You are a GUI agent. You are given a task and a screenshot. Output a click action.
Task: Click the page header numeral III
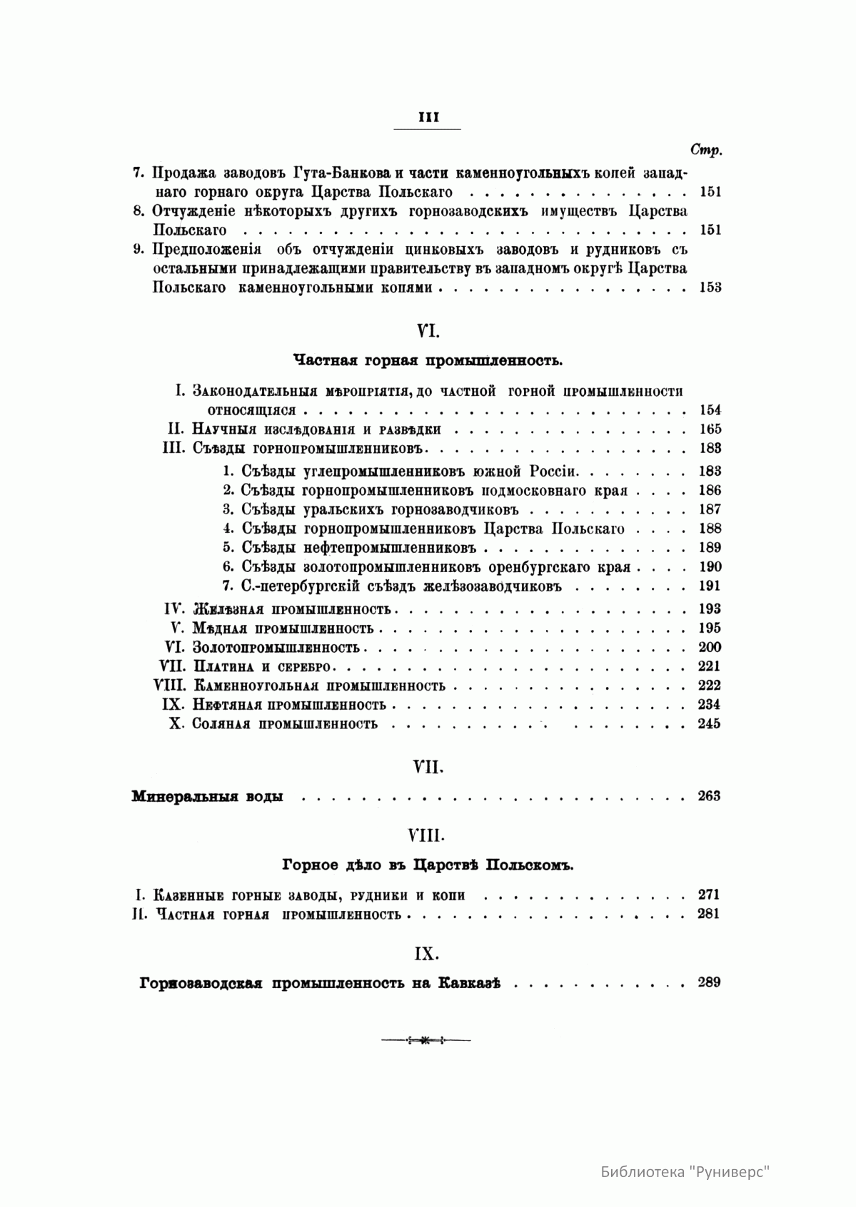click(x=428, y=118)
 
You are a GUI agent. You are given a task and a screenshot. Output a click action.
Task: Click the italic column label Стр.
click(x=706, y=150)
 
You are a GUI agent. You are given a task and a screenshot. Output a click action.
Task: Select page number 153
click(x=710, y=287)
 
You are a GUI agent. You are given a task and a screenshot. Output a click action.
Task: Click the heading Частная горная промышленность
click(x=428, y=361)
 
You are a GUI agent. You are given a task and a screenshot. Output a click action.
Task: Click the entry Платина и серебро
click(x=263, y=666)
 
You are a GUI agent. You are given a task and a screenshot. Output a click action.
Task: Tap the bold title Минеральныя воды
click(x=207, y=797)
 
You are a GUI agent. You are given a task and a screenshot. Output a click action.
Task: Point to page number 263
click(x=709, y=796)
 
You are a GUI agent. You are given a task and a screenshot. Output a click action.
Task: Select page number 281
click(x=709, y=914)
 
